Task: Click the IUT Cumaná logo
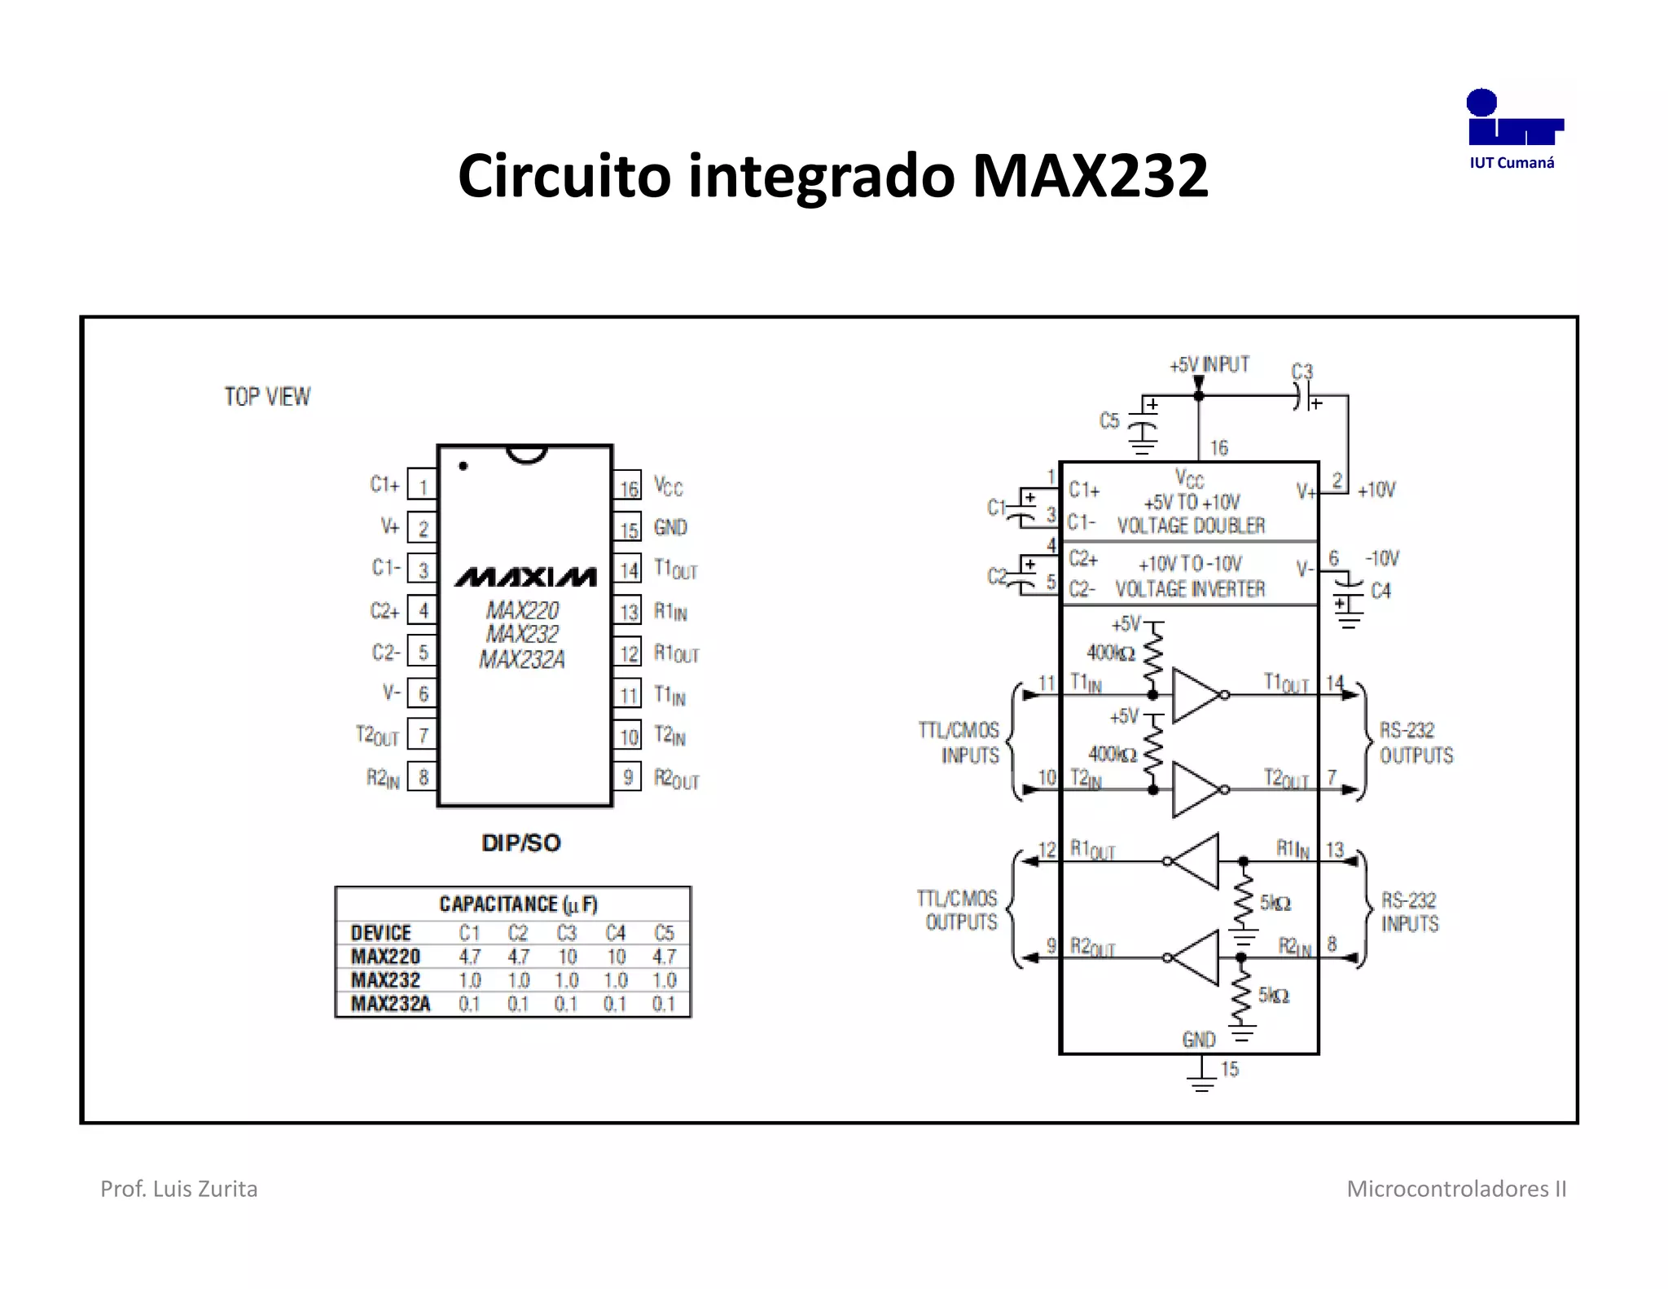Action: tap(1512, 129)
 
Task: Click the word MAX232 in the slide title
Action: tap(1090, 176)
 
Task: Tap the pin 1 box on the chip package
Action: tap(422, 486)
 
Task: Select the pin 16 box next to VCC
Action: tap(628, 487)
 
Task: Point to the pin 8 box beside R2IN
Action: tap(422, 777)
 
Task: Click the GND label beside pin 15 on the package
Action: tap(670, 528)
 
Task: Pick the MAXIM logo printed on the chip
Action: tap(525, 577)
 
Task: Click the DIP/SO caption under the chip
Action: tap(521, 842)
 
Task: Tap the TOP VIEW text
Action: tap(267, 397)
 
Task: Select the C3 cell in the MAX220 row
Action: tap(567, 957)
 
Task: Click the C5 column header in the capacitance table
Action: tap(664, 933)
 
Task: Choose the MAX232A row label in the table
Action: tap(390, 1004)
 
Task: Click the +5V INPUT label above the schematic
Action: tap(1209, 364)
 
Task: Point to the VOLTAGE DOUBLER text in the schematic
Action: tap(1191, 526)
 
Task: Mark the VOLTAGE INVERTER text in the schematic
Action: tap(1190, 589)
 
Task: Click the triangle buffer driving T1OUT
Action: tap(1196, 695)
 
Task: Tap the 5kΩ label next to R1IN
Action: tap(1275, 903)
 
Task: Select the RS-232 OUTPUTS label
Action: tap(1416, 742)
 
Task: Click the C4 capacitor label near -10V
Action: tap(1380, 591)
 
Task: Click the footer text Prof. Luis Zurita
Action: tap(178, 1189)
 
